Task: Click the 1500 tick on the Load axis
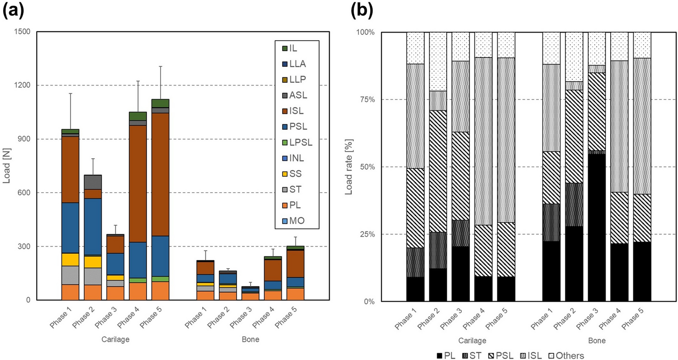click(x=21, y=32)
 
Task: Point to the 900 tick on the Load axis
click(x=23, y=139)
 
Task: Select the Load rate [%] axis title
click(x=349, y=166)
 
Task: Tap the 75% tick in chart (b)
click(x=369, y=99)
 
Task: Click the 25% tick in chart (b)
click(x=369, y=234)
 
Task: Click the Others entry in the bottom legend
click(x=567, y=355)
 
